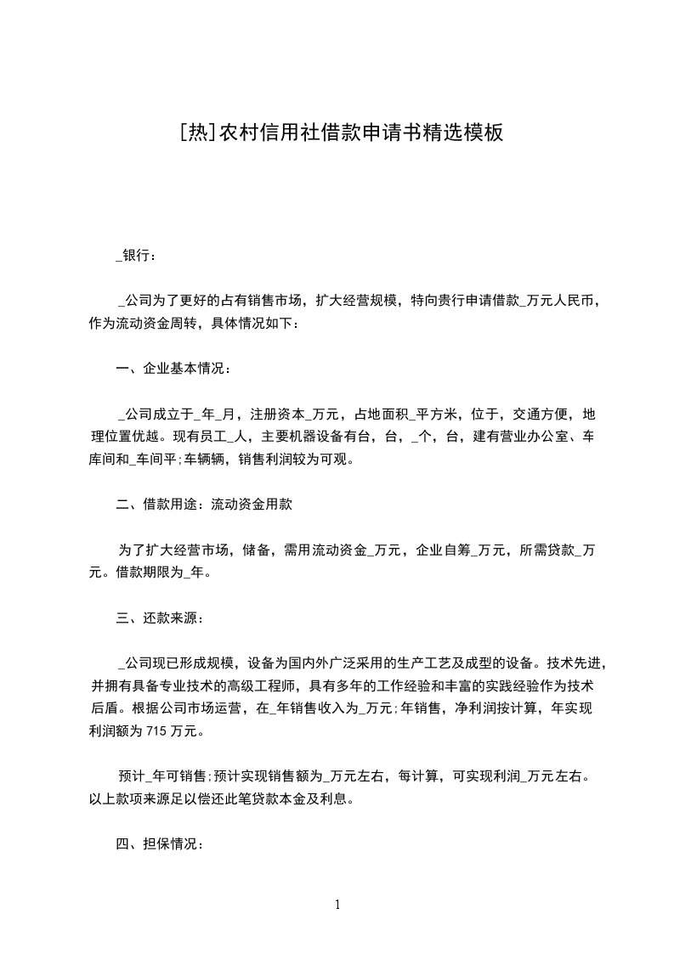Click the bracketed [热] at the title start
point(198,133)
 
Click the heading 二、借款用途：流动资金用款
point(204,505)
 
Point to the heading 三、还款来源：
point(159,617)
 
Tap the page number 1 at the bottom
point(337,905)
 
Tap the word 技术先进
point(576,663)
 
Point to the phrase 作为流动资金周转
point(142,323)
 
